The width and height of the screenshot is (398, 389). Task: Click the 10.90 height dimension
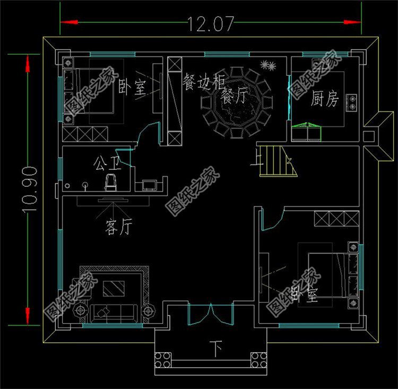point(30,189)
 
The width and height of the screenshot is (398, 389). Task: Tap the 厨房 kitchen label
point(325,99)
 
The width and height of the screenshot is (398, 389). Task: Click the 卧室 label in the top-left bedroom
point(132,88)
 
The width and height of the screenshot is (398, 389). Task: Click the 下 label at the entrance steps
point(215,350)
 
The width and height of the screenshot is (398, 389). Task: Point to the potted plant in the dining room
point(267,66)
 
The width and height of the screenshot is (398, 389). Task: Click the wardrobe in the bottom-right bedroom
point(335,218)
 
